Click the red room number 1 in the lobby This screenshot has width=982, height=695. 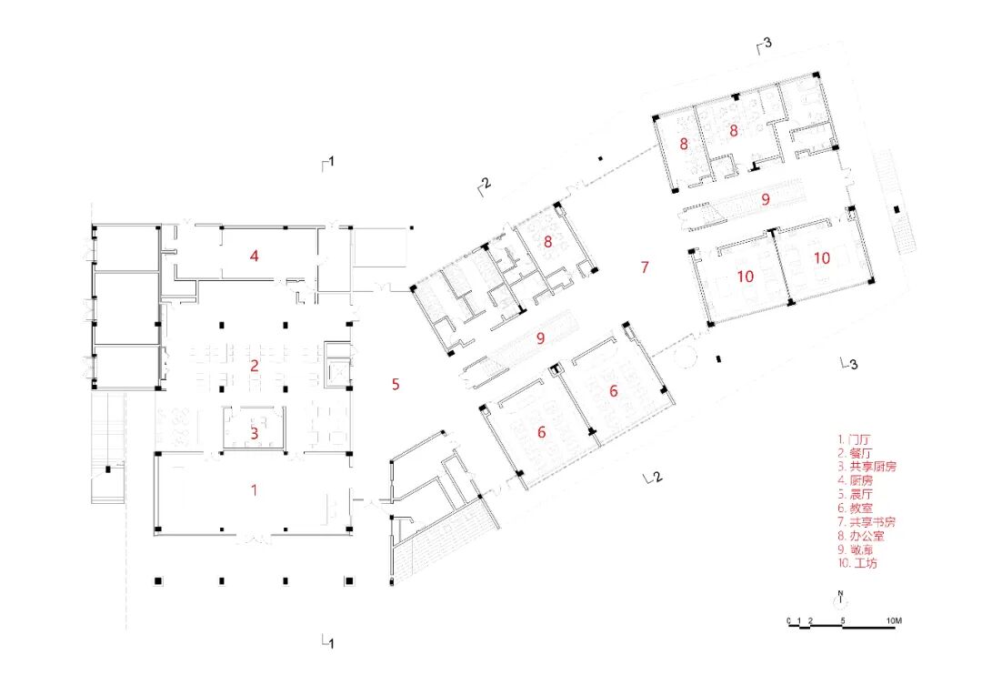tap(255, 490)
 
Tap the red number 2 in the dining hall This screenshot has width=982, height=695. tap(255, 366)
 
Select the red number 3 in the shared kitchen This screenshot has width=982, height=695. tap(255, 434)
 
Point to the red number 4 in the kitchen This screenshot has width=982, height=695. tap(255, 257)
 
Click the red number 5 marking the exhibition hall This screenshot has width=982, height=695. tap(396, 384)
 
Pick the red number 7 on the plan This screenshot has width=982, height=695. tap(645, 267)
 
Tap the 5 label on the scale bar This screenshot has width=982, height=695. tap(844, 621)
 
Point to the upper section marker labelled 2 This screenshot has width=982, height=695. tap(484, 185)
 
